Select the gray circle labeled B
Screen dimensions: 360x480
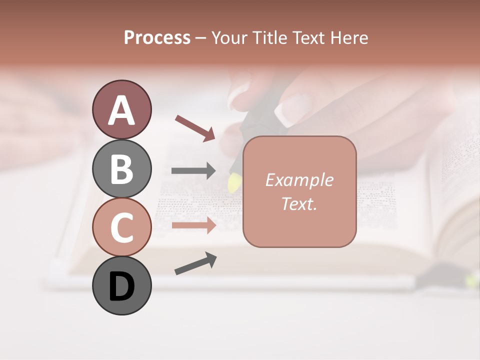tap(121, 168)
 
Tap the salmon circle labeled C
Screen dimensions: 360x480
tap(121, 227)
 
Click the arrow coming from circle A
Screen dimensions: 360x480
tap(195, 127)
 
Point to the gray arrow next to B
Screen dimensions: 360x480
tap(193, 171)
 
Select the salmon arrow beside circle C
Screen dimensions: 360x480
tap(193, 225)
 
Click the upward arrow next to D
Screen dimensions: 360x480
tap(195, 263)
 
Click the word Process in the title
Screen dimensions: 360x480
tap(157, 38)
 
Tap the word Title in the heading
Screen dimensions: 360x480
tap(270, 38)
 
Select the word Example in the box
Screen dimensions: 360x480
tap(299, 180)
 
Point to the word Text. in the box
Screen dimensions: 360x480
tap(299, 203)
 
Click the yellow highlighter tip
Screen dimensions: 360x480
tap(233, 183)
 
